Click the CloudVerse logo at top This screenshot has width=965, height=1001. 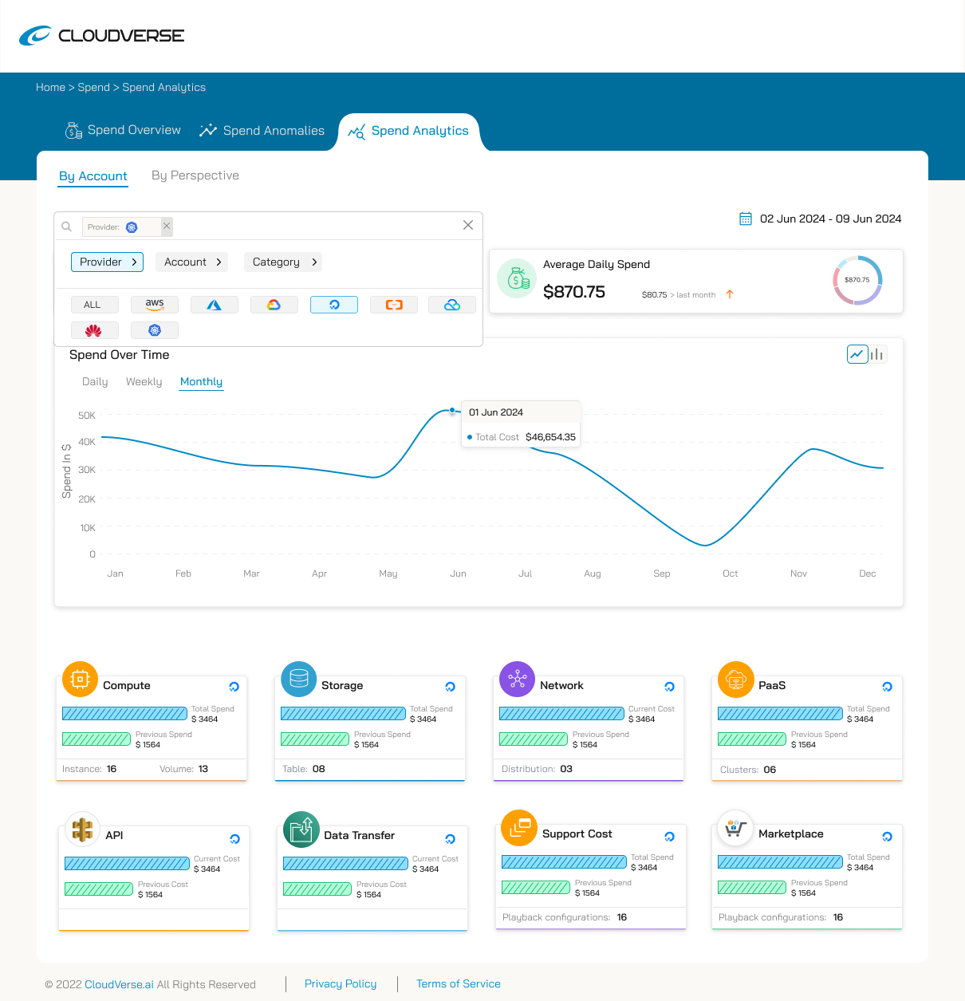101,35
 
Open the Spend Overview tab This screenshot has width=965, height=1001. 123,130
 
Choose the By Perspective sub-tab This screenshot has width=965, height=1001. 195,175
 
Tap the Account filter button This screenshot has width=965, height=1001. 191,262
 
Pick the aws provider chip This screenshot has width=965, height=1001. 155,305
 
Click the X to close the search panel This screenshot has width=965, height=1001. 468,225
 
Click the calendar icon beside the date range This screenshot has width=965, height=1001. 746,219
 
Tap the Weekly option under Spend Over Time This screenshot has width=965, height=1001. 144,382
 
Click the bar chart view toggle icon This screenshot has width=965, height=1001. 877,354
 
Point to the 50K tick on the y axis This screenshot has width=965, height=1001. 87,416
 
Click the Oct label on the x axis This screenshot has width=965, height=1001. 730,573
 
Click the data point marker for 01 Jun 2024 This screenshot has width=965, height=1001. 452,410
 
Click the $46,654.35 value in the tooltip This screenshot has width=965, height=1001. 550,437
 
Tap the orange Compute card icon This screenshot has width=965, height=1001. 80,680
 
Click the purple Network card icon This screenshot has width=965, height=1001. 517,680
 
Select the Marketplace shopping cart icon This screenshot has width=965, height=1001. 735,829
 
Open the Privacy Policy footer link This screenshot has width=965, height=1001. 341,983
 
